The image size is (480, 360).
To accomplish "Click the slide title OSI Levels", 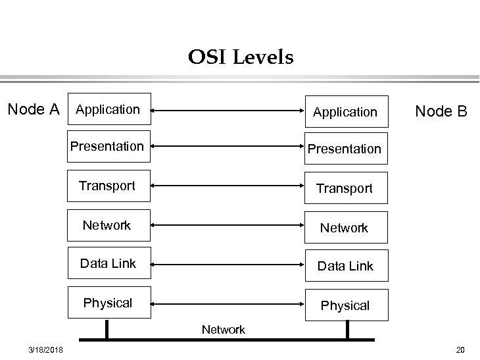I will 240,58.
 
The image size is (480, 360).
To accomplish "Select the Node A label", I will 33,109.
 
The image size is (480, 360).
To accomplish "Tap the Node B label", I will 441,111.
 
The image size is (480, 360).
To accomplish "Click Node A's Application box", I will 109,109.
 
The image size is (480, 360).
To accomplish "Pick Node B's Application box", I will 345,112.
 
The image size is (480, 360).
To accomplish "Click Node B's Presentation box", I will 345,149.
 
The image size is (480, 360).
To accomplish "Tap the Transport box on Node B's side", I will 345,188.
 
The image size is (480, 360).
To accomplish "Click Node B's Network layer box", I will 345,228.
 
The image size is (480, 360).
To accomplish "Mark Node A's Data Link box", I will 108,263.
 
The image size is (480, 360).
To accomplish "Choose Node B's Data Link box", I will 345,266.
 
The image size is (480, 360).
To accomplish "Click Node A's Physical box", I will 108,303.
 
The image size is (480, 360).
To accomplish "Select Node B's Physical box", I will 345,305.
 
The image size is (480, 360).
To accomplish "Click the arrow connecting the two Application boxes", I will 227,111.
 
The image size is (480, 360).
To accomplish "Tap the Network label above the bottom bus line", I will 224,330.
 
